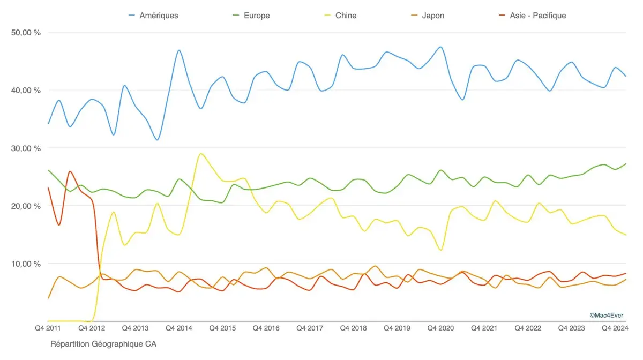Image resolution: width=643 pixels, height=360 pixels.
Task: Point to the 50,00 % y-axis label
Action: coord(26,33)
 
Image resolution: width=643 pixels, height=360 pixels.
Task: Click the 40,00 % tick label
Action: coord(26,90)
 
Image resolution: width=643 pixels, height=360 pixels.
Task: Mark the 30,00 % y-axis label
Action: coord(26,148)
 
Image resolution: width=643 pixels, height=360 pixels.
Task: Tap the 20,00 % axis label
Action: coord(26,206)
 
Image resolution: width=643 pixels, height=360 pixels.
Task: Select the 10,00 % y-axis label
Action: coord(26,264)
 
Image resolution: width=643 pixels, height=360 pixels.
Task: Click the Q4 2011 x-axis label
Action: coord(48,328)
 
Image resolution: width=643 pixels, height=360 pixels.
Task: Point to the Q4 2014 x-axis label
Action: coord(178,328)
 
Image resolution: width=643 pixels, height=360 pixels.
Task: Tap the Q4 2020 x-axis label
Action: coord(440,328)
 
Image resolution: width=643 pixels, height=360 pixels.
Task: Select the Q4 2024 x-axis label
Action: coord(614,328)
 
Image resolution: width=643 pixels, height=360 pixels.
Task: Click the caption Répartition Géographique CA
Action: coord(103,344)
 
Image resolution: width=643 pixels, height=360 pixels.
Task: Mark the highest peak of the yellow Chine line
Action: coord(200,154)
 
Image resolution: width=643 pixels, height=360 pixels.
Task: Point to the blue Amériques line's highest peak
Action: coord(440,47)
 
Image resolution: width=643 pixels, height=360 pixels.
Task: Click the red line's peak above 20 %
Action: coord(70,171)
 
